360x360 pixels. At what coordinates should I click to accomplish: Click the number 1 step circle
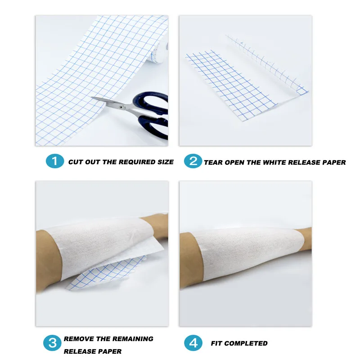(x=54, y=161)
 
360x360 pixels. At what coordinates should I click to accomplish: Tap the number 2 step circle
(x=193, y=161)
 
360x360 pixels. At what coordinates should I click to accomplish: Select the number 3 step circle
(x=52, y=343)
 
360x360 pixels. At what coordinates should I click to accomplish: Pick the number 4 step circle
(x=193, y=343)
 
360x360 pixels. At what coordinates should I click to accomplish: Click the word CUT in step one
(x=76, y=162)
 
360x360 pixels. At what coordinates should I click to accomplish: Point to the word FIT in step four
(x=217, y=343)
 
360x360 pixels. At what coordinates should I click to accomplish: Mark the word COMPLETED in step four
(x=246, y=343)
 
